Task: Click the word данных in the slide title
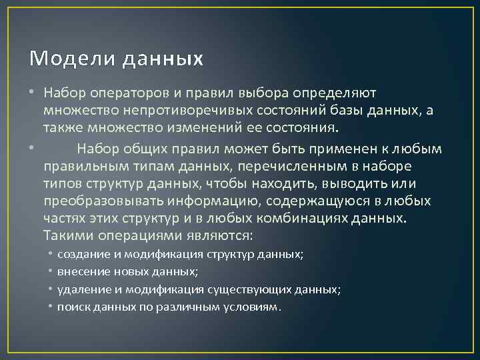(x=162, y=59)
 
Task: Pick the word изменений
(x=205, y=127)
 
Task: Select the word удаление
(x=81, y=289)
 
